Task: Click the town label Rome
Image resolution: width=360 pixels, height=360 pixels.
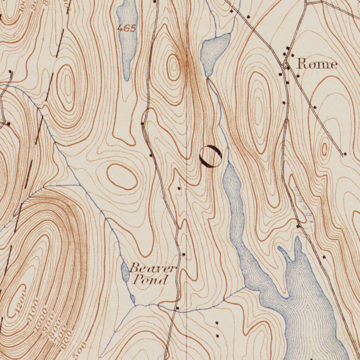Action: click(317, 64)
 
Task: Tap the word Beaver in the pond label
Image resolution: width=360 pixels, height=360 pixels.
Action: click(153, 269)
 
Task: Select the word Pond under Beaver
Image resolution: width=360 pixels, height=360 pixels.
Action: click(150, 280)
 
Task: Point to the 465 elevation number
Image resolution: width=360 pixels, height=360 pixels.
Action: click(127, 28)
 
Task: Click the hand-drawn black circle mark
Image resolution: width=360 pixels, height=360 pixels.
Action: click(210, 156)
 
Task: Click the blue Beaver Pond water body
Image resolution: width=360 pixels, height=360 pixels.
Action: click(125, 272)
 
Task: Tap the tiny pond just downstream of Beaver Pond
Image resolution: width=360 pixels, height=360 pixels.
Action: click(132, 298)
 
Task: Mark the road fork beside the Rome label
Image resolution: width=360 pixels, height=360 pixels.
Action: click(286, 64)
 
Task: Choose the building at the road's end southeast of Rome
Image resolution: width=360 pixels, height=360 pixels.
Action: click(345, 154)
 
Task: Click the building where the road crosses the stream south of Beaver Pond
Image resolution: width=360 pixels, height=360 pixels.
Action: click(177, 308)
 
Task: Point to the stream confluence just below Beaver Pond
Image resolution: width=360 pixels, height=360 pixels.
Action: click(136, 305)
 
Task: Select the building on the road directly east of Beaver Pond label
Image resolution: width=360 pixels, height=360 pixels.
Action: click(184, 255)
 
